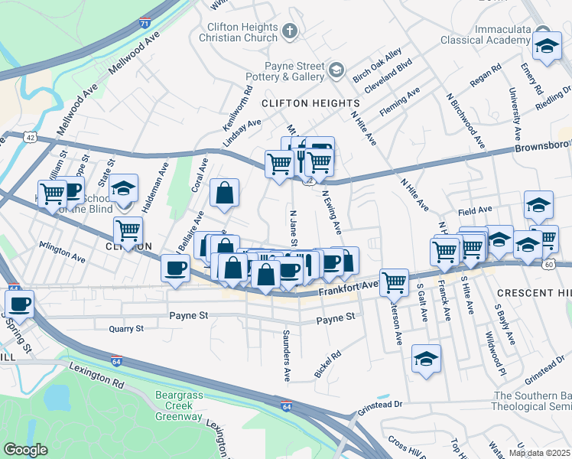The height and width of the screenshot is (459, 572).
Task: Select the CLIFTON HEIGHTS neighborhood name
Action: (x=310, y=103)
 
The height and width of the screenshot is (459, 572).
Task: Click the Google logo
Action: (x=25, y=449)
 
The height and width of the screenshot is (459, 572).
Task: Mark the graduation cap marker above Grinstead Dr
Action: (x=426, y=359)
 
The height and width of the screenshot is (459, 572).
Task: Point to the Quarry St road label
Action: (x=126, y=329)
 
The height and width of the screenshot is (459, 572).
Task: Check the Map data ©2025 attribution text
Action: (x=538, y=452)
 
